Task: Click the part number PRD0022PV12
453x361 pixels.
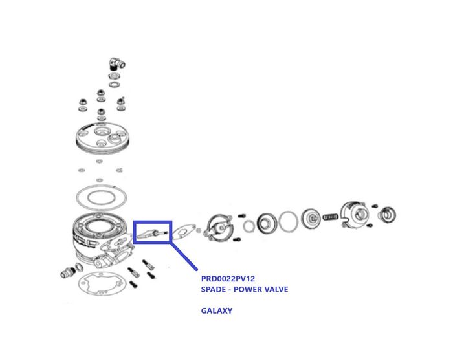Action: pos(228,279)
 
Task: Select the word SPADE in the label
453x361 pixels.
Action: pos(214,289)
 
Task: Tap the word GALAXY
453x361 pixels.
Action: pos(217,311)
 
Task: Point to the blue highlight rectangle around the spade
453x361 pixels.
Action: pos(153,222)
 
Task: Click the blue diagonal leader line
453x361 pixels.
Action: pos(183,256)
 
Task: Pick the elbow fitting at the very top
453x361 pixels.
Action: pos(116,63)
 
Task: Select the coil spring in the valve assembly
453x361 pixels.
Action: pos(330,217)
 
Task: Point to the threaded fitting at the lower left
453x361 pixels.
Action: pos(68,272)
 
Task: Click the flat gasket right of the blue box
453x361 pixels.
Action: pos(184,232)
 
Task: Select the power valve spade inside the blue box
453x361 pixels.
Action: pos(152,234)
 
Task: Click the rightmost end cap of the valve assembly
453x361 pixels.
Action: pos(387,215)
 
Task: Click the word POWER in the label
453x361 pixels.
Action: pos(245,289)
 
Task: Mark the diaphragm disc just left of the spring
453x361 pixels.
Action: pos(311,219)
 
